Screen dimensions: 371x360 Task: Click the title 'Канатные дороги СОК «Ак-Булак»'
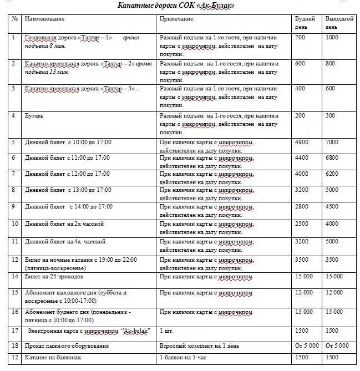pyautogui.click(x=176, y=6)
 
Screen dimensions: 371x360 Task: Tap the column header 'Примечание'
pyautogui.click(x=176, y=19)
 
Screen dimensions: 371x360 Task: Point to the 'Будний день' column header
pyautogui.click(x=303, y=22)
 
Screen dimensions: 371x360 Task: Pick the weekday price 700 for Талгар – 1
pyautogui.click(x=300, y=37)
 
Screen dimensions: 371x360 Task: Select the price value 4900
pyautogui.click(x=302, y=143)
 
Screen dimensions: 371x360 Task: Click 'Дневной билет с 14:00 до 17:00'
pyautogui.click(x=69, y=206)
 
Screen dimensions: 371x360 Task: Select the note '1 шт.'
pyautogui.click(x=166, y=331)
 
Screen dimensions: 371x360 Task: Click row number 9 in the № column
pyautogui.click(x=13, y=206)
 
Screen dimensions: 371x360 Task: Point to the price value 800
pyautogui.click(x=331, y=64)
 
